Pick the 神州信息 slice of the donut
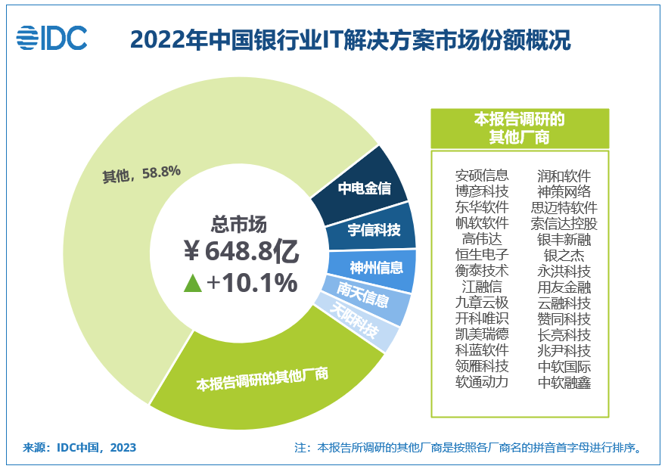[x=376, y=267]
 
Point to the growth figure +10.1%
[x=252, y=283]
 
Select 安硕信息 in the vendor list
[x=481, y=175]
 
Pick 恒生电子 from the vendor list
[x=481, y=255]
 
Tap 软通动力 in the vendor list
[x=481, y=382]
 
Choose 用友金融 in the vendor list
[x=564, y=287]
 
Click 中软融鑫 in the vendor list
[x=564, y=382]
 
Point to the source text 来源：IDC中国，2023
[x=80, y=447]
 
